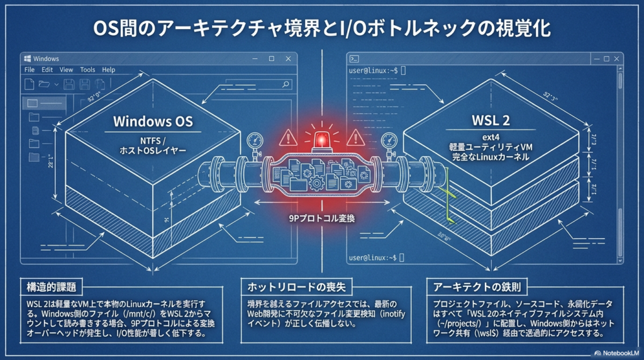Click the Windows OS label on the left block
153,121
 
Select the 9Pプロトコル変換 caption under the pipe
322,218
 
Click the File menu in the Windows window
30,70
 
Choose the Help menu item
108,70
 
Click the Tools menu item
87,70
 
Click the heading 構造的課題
48,288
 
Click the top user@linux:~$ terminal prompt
374,70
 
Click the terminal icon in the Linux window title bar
355,59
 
